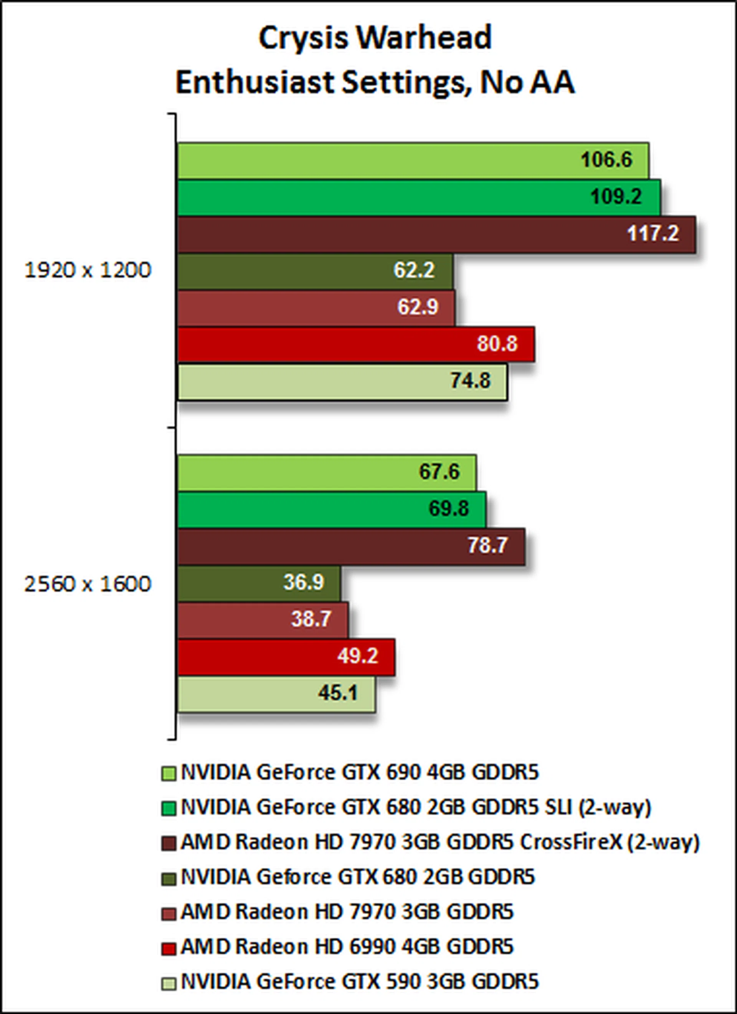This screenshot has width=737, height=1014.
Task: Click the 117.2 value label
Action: pos(653,233)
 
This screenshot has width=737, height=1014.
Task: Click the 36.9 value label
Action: pos(304,582)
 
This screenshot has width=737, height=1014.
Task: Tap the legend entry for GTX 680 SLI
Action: pos(416,808)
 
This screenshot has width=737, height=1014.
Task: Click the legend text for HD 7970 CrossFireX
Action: pos(440,842)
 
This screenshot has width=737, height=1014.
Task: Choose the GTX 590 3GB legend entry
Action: pos(360,982)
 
